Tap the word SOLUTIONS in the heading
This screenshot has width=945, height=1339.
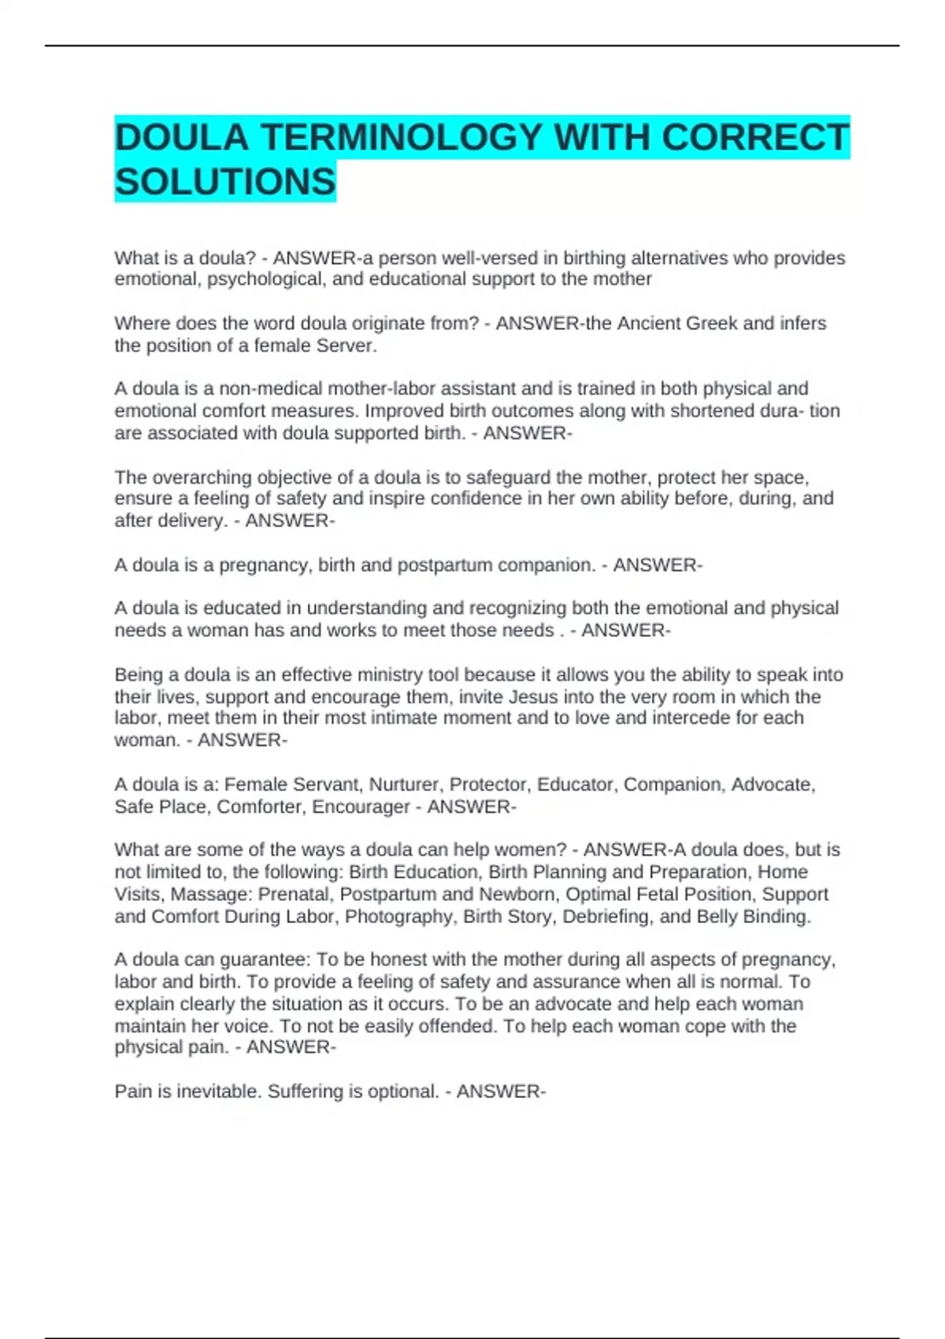click(225, 182)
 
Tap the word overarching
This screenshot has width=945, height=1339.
click(202, 477)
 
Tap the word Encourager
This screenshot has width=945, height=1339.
click(361, 807)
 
